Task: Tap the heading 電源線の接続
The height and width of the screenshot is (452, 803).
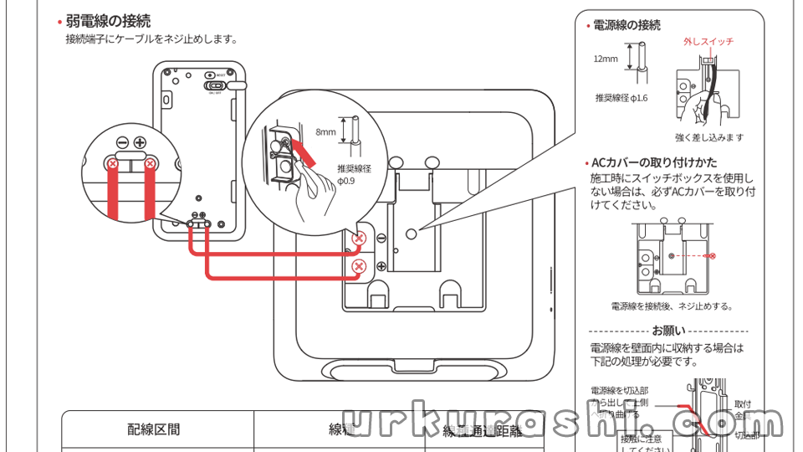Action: [627, 25]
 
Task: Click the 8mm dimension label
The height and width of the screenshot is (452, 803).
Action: [325, 131]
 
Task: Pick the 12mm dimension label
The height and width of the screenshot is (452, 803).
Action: [606, 59]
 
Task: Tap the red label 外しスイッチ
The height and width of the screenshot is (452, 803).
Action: [708, 41]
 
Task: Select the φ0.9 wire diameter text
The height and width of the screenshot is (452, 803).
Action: [346, 180]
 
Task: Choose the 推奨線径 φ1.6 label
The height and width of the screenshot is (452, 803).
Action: [621, 98]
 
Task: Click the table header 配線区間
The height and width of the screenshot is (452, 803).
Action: [154, 430]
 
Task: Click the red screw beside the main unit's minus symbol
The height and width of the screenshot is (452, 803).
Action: [359, 239]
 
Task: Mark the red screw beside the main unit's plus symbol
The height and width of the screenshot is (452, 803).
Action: [359, 267]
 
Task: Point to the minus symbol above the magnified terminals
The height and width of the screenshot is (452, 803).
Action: [122, 143]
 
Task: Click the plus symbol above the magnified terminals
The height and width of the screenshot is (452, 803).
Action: [140, 143]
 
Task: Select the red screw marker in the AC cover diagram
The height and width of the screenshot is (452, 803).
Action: [709, 254]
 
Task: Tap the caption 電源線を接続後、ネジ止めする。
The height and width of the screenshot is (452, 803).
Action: [671, 306]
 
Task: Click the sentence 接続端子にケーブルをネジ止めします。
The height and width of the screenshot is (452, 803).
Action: [151, 39]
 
